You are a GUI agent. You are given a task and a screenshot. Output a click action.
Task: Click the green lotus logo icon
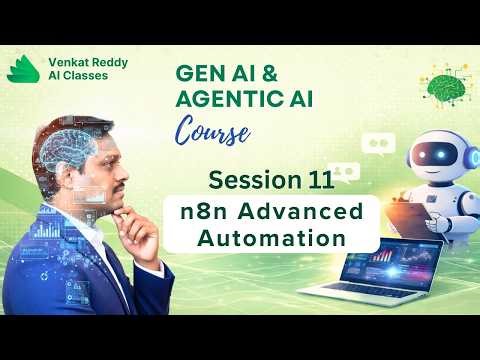(x=22, y=70)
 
